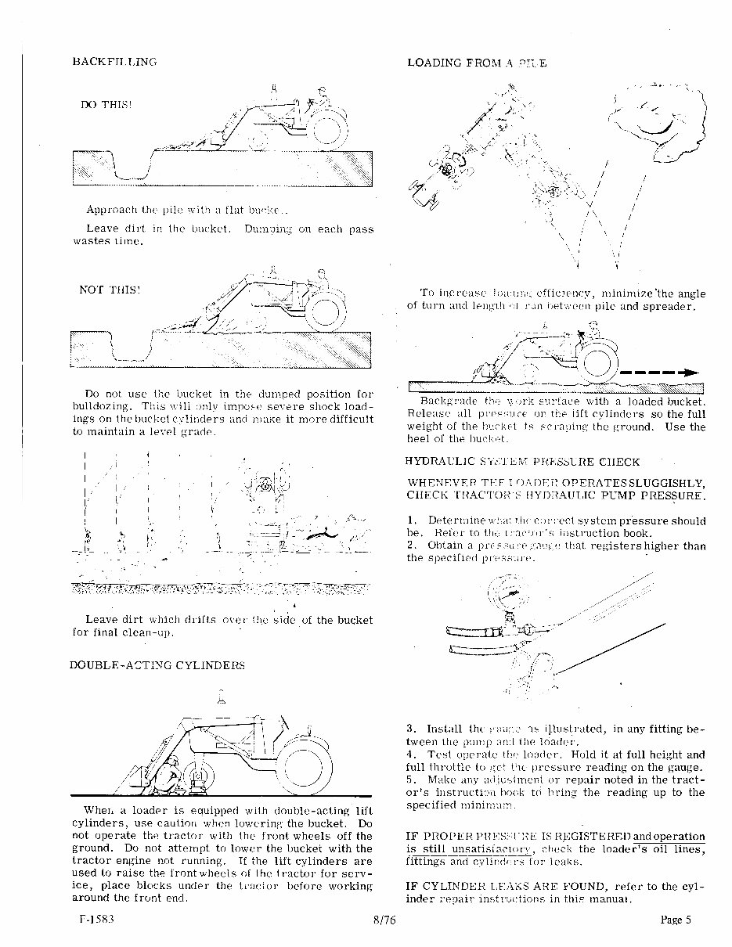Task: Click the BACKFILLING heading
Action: [114, 61]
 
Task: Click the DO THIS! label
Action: [101, 104]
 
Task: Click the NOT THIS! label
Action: [109, 289]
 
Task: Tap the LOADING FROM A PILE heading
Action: [476, 62]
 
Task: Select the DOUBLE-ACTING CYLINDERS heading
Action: [157, 665]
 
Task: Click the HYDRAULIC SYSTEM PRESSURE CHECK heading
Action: [523, 462]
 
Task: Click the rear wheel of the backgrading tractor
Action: [599, 361]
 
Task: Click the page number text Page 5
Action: [676, 920]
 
